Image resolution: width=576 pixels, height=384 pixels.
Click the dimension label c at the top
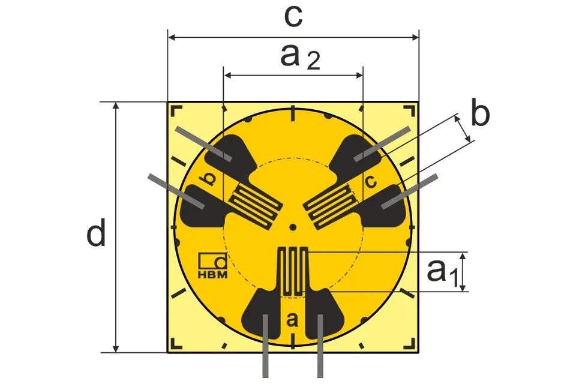click(293, 17)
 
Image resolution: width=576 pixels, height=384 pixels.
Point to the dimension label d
click(96, 233)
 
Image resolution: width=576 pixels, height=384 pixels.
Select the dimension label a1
click(443, 272)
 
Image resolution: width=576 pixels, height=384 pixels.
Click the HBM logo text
click(212, 274)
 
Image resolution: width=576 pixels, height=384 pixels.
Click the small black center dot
click(293, 227)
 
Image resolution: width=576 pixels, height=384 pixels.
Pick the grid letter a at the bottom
click(292, 320)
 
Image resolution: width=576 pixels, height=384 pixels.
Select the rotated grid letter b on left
click(208, 179)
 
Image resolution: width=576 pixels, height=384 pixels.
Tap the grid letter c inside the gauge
click(371, 181)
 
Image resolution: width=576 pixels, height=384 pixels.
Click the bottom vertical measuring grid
click(292, 272)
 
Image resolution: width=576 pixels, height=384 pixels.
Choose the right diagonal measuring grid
click(330, 206)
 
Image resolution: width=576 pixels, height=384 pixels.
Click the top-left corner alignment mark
click(176, 110)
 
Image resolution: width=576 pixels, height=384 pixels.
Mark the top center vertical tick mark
click(292, 113)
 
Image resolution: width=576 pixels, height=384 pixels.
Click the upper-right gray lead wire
click(382, 144)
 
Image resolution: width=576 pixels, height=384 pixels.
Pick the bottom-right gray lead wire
click(320, 346)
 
